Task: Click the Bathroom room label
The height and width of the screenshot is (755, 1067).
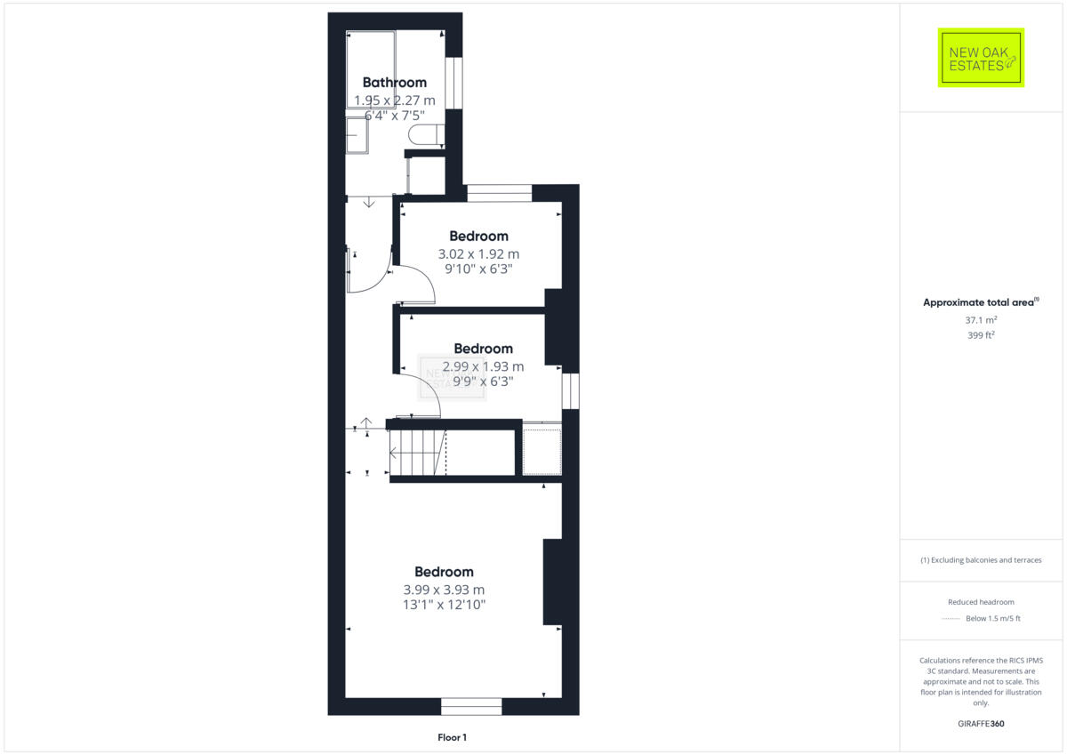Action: click(x=394, y=83)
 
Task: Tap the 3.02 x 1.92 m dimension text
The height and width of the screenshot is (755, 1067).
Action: click(x=478, y=253)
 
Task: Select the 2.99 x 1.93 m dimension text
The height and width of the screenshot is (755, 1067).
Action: click(x=483, y=366)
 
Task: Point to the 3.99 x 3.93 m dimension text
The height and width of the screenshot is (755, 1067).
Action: click(x=444, y=590)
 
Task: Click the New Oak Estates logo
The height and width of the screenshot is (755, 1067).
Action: click(x=981, y=58)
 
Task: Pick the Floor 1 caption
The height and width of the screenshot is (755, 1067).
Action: click(x=452, y=737)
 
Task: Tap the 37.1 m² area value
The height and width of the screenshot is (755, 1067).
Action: click(x=981, y=319)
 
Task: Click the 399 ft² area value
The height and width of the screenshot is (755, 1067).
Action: click(x=981, y=335)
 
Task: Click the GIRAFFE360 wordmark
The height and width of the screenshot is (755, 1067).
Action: click(x=981, y=724)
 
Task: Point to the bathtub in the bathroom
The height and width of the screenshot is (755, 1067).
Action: click(x=370, y=69)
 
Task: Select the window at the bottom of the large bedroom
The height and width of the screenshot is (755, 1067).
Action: click(x=471, y=706)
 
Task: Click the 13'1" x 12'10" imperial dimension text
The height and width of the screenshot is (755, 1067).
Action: click(x=444, y=606)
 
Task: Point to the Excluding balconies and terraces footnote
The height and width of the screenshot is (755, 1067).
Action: click(x=981, y=560)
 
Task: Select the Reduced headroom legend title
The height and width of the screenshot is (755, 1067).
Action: click(x=981, y=602)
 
